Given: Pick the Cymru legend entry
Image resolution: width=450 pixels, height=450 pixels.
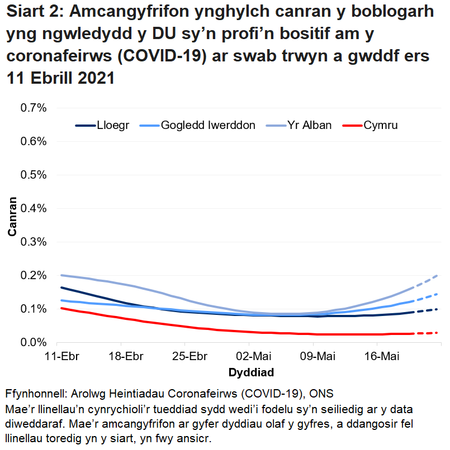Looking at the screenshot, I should tap(381, 125).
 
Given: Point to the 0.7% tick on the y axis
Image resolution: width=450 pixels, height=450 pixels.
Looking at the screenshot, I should tap(33, 108).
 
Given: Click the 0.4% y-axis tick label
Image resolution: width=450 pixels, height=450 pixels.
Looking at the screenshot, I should tap(33, 208).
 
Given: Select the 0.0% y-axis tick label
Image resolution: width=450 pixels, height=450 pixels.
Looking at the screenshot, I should tap(33, 342).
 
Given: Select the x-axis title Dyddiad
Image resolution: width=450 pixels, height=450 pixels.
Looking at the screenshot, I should tap(251, 372).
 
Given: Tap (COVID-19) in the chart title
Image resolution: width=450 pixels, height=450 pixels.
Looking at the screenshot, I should tap(162, 57).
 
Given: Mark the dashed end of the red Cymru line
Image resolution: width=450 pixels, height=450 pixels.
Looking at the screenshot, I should tap(430, 333).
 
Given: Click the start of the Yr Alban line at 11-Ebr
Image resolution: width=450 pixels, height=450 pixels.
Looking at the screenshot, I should tap(61, 275).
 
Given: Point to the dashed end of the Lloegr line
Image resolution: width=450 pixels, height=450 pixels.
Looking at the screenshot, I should tap(430, 310).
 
